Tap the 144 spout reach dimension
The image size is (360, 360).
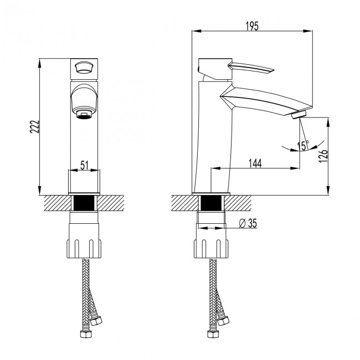tap(255, 162)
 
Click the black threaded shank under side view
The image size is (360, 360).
tap(212, 203)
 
